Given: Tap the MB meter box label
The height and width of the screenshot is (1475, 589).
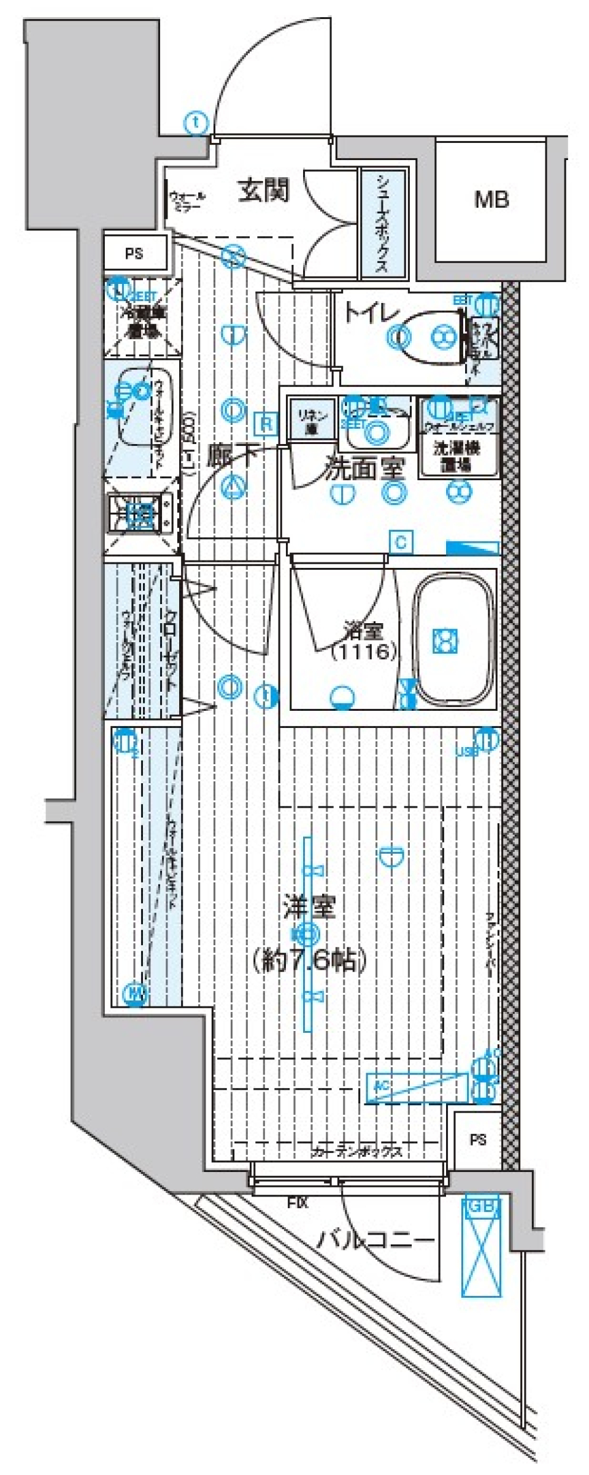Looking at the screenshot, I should pyautogui.click(x=491, y=199).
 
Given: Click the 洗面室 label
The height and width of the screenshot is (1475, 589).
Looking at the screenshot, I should pyautogui.click(x=364, y=469).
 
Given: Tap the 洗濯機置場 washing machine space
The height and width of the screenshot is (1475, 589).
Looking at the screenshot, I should pyautogui.click(x=458, y=454).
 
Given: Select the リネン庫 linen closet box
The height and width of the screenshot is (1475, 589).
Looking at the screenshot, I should pyautogui.click(x=313, y=419).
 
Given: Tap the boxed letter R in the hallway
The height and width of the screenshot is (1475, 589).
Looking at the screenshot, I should pyautogui.click(x=266, y=423).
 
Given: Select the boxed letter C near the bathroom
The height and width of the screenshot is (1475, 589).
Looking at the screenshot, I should pyautogui.click(x=401, y=542).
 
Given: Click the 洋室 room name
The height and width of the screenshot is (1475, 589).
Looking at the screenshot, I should pyautogui.click(x=309, y=906).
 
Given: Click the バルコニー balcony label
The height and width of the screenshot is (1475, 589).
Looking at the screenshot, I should pyautogui.click(x=375, y=1241).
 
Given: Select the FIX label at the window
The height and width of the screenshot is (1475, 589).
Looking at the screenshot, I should pyautogui.click(x=298, y=1203).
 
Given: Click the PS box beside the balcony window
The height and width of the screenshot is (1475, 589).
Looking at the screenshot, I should pyautogui.click(x=478, y=1140).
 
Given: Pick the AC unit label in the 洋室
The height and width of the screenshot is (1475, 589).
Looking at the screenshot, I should pyautogui.click(x=382, y=1086).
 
